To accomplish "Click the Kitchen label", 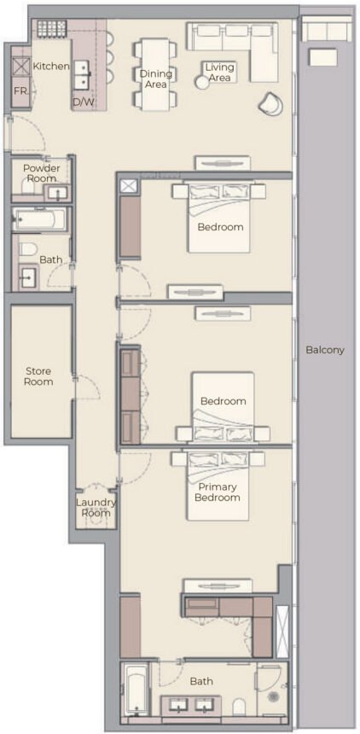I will (50, 66).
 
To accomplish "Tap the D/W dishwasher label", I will (83, 102).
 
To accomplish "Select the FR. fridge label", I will (20, 90).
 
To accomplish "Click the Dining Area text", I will (155, 79).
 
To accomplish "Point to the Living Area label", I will (220, 73).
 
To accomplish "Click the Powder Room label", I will (41, 174).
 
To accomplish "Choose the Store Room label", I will (38, 376).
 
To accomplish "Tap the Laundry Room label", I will (95, 508).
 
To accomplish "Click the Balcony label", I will (325, 350).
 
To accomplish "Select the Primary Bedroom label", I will (218, 492).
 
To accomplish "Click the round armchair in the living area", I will (270, 103).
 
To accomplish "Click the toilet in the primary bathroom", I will (240, 705).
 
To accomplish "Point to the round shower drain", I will (274, 696).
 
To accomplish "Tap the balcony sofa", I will (327, 31).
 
